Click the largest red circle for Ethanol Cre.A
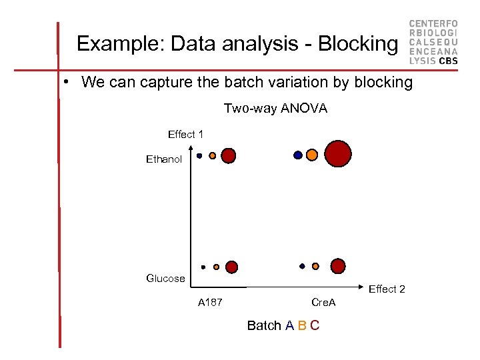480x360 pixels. coord(338,153)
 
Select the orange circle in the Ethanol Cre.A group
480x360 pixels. coord(311,155)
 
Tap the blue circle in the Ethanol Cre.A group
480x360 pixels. coord(298,155)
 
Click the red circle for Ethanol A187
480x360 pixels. coord(228,156)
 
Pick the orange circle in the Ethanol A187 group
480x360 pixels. coord(213,156)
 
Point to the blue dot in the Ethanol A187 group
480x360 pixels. coord(199,156)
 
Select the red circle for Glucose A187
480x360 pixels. coord(231,267)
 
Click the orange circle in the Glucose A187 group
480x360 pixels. coord(216,267)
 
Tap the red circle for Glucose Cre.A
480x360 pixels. coord(338,266)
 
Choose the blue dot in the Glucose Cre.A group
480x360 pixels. coord(302,266)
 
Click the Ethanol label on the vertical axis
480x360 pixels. coord(164,160)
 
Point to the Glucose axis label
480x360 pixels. coord(165,279)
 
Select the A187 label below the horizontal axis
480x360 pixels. coord(210,303)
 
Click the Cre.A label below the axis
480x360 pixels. coord(324,303)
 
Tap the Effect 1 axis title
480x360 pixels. coord(185,135)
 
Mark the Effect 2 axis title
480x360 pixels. coord(387,289)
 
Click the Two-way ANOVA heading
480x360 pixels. coord(275,108)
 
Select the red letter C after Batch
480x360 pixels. coord(315,326)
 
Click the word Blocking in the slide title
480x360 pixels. coord(357,44)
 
